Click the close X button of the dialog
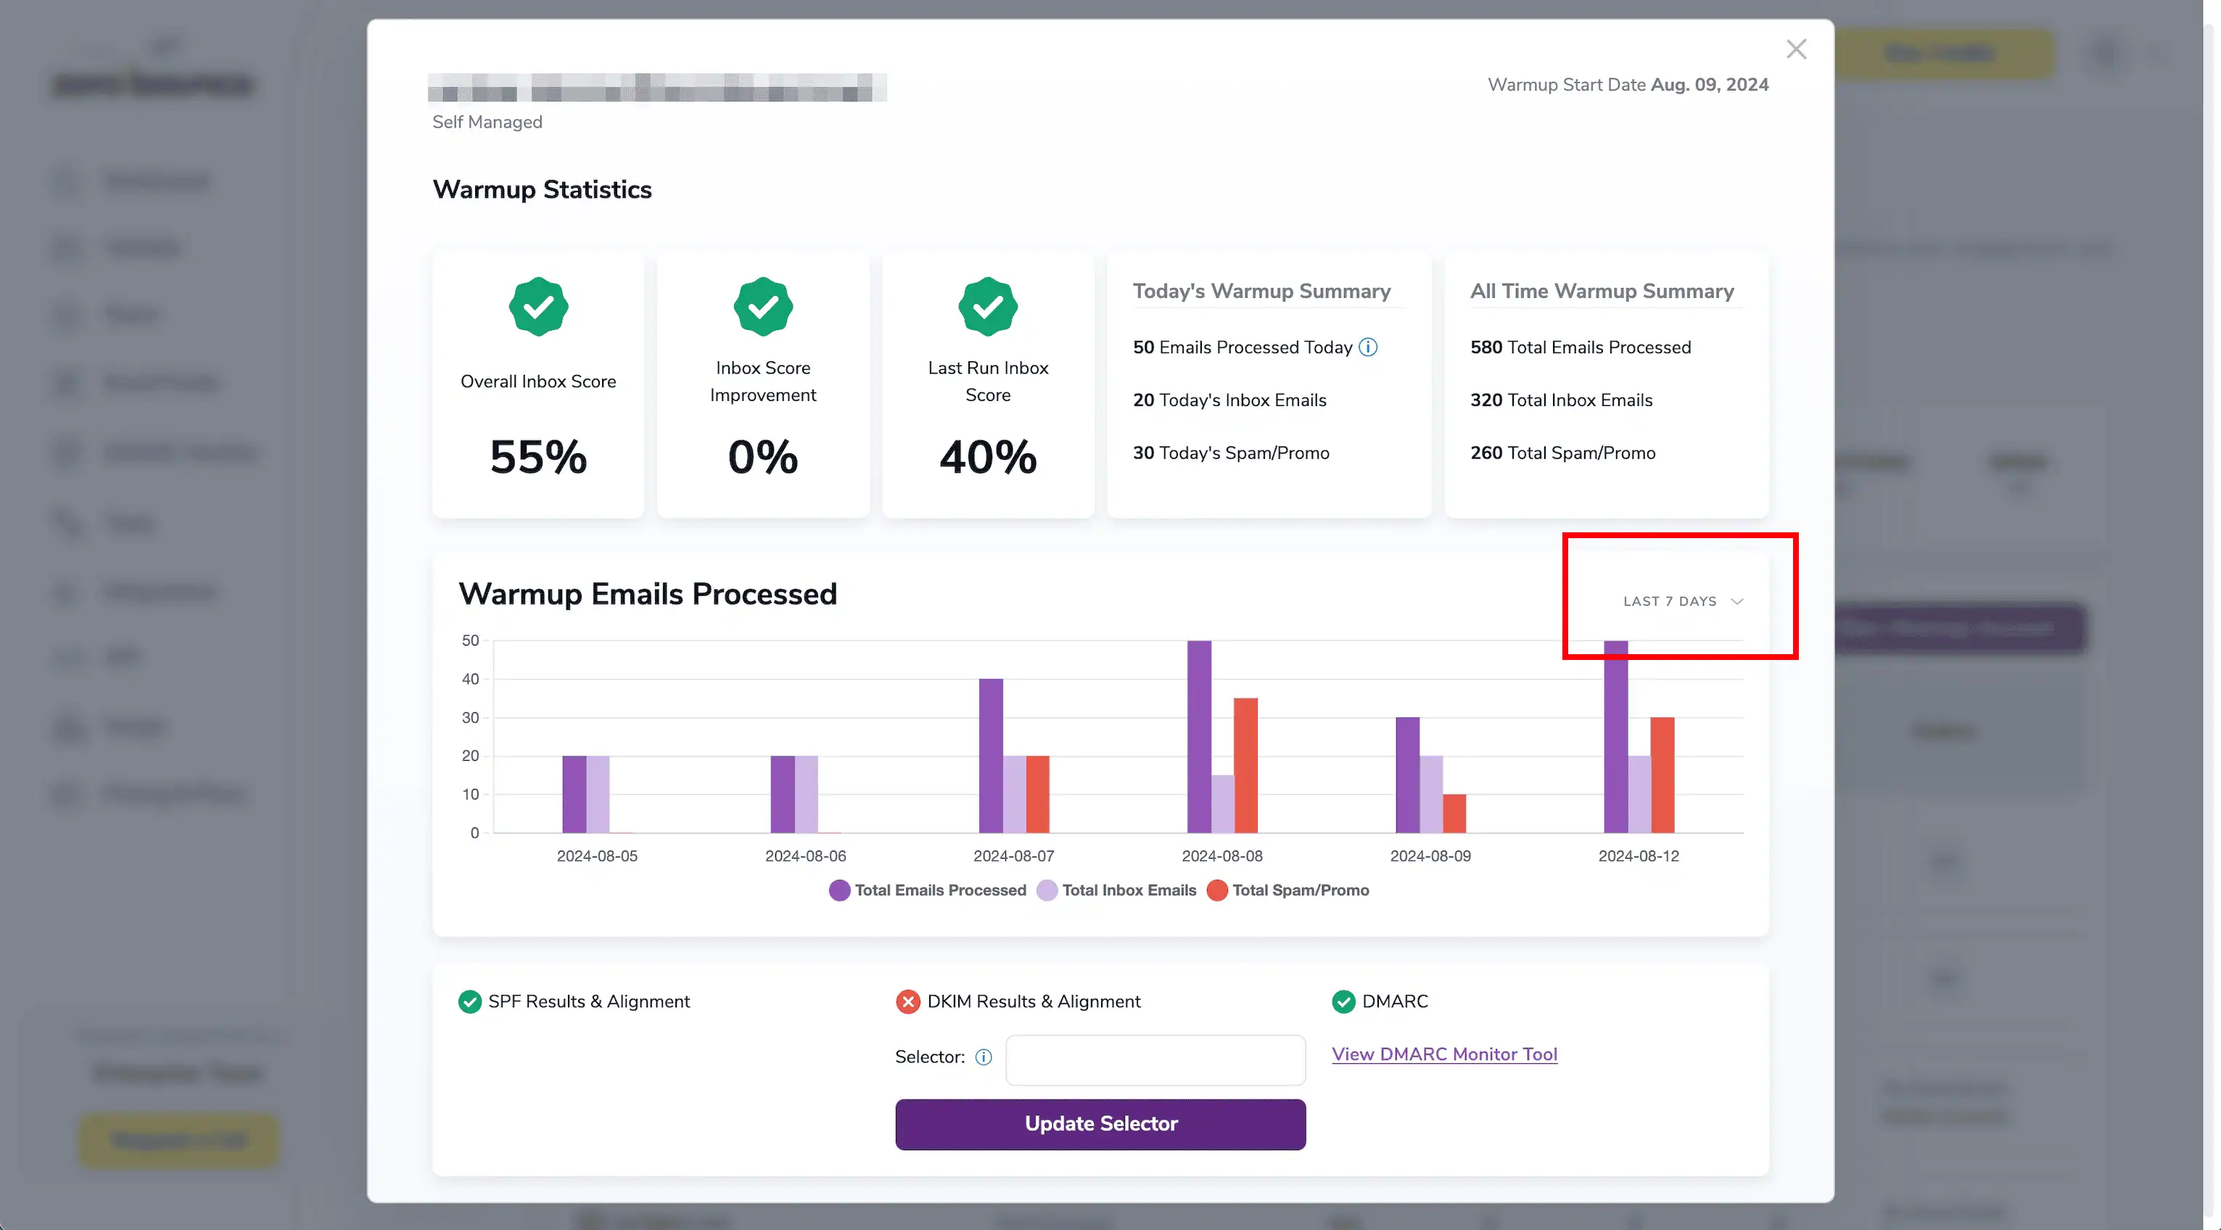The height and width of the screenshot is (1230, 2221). [x=1796, y=49]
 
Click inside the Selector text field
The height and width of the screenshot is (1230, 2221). [x=1155, y=1060]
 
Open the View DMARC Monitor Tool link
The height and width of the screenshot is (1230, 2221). [x=1444, y=1054]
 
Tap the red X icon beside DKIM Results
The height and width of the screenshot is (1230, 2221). [x=907, y=1002]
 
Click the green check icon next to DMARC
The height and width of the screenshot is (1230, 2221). [x=1343, y=1002]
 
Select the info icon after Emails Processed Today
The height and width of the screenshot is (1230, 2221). [x=1368, y=347]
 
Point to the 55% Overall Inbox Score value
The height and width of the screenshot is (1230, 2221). [x=538, y=457]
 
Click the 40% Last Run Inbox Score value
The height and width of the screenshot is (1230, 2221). [x=987, y=457]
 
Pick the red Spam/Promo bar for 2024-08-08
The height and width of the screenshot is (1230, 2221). [x=1245, y=765]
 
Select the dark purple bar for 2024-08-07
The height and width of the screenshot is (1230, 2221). [x=991, y=756]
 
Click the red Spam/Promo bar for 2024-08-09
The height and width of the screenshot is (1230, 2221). [x=1454, y=814]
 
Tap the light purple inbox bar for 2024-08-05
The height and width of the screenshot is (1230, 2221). [x=598, y=794]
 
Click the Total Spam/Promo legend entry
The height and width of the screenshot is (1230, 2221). [x=1288, y=891]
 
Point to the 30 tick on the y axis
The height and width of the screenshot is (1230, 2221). [x=470, y=718]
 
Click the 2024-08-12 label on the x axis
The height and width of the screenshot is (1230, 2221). [x=1638, y=856]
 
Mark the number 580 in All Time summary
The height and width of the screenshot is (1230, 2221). [x=1486, y=347]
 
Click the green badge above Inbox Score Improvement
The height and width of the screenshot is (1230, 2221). [x=762, y=306]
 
